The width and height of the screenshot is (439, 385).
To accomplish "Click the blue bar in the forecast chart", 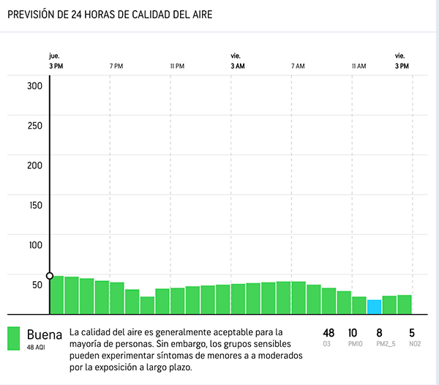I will tap(374, 306).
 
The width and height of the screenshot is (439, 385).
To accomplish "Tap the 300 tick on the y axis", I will tap(35, 85).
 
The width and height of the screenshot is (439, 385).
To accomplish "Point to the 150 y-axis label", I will tap(35, 204).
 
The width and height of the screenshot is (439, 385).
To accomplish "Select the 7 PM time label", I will tap(116, 67).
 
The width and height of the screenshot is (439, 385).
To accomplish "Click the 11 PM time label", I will tap(177, 67).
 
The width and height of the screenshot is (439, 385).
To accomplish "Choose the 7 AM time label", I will tap(298, 67).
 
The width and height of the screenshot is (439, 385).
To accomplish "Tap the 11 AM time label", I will tap(359, 67).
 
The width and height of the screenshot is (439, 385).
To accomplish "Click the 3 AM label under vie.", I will tap(237, 67).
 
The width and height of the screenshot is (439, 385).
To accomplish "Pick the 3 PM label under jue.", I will tap(56, 67).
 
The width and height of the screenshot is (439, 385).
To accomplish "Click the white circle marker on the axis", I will tap(50, 276).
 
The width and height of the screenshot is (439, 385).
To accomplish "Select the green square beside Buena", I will tap(13, 338).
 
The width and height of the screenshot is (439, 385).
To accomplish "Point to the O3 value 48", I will tap(329, 333).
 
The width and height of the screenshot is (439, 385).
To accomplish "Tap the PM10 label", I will tap(352, 343).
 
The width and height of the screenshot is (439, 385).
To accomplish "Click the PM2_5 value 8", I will tap(379, 333).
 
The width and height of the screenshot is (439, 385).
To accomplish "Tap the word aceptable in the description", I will tap(221, 332).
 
